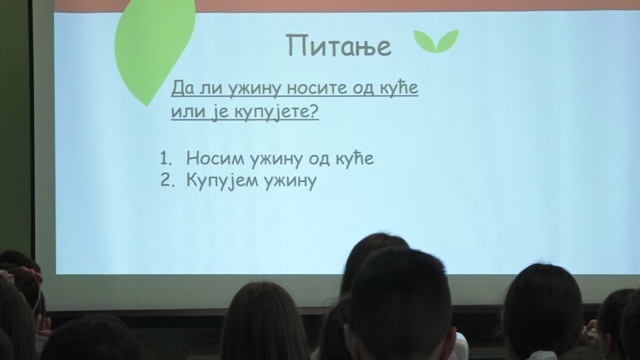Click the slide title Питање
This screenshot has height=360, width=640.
point(339,46)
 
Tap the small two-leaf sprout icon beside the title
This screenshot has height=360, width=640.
point(436,41)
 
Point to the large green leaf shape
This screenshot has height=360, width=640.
point(153,51)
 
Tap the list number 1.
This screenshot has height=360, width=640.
point(166,159)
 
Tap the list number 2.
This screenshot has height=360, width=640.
point(167,180)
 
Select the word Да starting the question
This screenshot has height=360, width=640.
point(183,88)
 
